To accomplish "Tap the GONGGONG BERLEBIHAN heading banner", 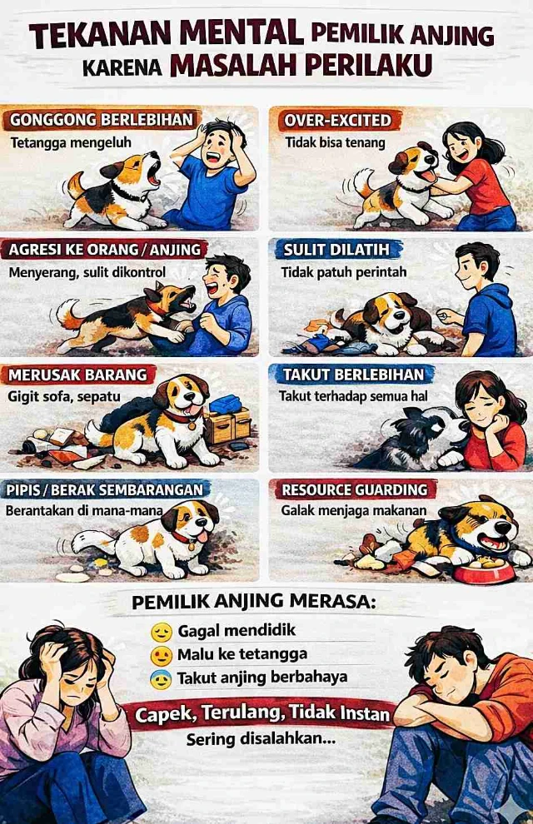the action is coord(102,120).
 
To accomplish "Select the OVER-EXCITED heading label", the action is coord(337,121).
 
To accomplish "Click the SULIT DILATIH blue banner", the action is coord(336,250).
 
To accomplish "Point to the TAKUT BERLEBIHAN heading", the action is coord(352,375).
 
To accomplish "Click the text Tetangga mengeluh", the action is coord(71,142).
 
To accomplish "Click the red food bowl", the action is coord(484,571).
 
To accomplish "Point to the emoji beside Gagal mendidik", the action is coord(162,631).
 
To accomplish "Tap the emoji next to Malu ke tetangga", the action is coord(162,655).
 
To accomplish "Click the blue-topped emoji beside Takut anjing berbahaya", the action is coord(161,679).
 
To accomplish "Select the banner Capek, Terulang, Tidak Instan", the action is coord(262,713).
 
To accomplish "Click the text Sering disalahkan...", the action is coord(261,739).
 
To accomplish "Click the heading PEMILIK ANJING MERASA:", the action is coord(254,601).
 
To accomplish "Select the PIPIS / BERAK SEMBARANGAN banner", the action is coord(104,489).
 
